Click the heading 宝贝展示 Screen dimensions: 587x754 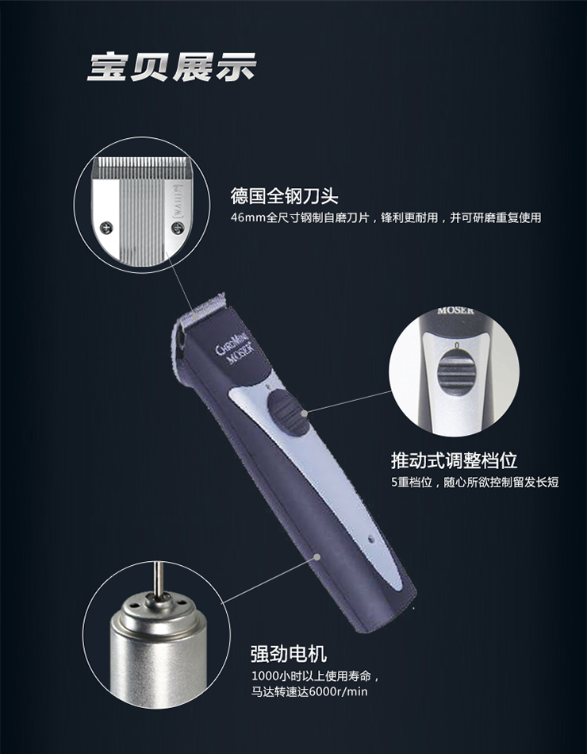(x=171, y=67)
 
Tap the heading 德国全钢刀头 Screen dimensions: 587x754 (x=284, y=196)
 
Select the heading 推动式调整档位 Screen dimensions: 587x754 (x=454, y=460)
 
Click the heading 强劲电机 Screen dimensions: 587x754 (x=289, y=653)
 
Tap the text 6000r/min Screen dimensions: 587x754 (x=338, y=692)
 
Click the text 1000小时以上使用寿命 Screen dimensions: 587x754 (x=312, y=676)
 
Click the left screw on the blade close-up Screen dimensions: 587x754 (x=108, y=225)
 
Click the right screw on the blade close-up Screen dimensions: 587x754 (x=176, y=225)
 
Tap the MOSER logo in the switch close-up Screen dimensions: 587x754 (x=455, y=311)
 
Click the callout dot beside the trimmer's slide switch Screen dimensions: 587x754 (x=305, y=413)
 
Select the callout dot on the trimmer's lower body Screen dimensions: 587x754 (x=317, y=556)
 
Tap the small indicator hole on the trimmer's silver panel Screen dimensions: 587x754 (x=371, y=538)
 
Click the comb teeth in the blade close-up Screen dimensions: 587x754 (x=142, y=165)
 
